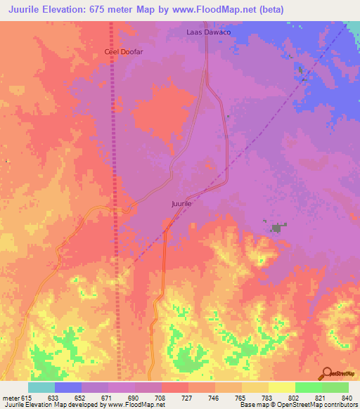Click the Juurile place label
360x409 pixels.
pos(181,204)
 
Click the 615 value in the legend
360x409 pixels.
pos(27,397)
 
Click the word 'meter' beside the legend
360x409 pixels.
pos(11,397)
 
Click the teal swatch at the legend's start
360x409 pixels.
pos(41,387)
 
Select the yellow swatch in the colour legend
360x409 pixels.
pos(281,387)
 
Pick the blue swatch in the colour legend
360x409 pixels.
pos(68,387)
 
